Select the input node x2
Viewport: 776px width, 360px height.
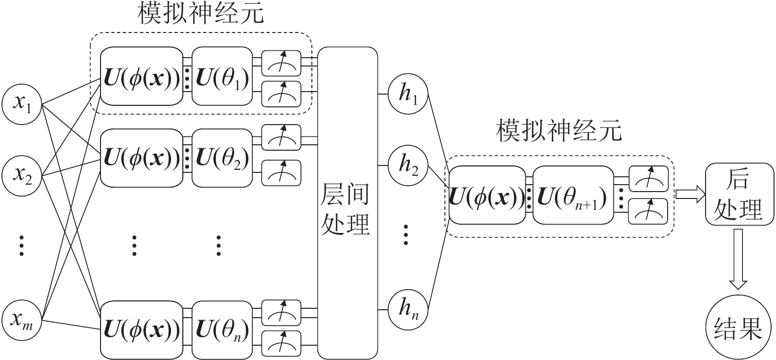(21, 174)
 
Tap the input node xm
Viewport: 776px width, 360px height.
(21, 321)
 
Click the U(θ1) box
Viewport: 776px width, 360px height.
(222, 76)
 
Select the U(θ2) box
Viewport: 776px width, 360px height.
(222, 158)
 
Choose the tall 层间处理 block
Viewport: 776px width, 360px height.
(347, 203)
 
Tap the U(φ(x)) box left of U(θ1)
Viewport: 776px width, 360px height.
(141, 76)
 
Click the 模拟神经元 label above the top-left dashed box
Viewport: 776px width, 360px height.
(201, 15)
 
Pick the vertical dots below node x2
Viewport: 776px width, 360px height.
(21, 245)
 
